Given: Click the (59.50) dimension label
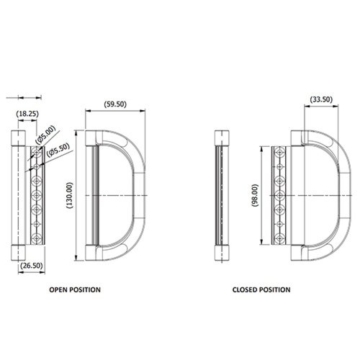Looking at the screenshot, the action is pos(115,104).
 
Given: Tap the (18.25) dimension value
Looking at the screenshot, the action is pos(27,114).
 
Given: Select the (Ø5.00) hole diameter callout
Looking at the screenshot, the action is pos(45,134).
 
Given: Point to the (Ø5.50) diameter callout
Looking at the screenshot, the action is pos(58,150).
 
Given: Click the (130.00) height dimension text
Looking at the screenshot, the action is pos(69,195).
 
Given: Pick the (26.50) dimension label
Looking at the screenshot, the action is pos(32,266).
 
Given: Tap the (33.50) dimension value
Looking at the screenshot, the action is pos(321,99).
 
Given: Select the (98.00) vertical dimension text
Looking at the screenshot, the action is pos(255,195).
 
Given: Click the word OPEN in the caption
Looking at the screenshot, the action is pos(58,289).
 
